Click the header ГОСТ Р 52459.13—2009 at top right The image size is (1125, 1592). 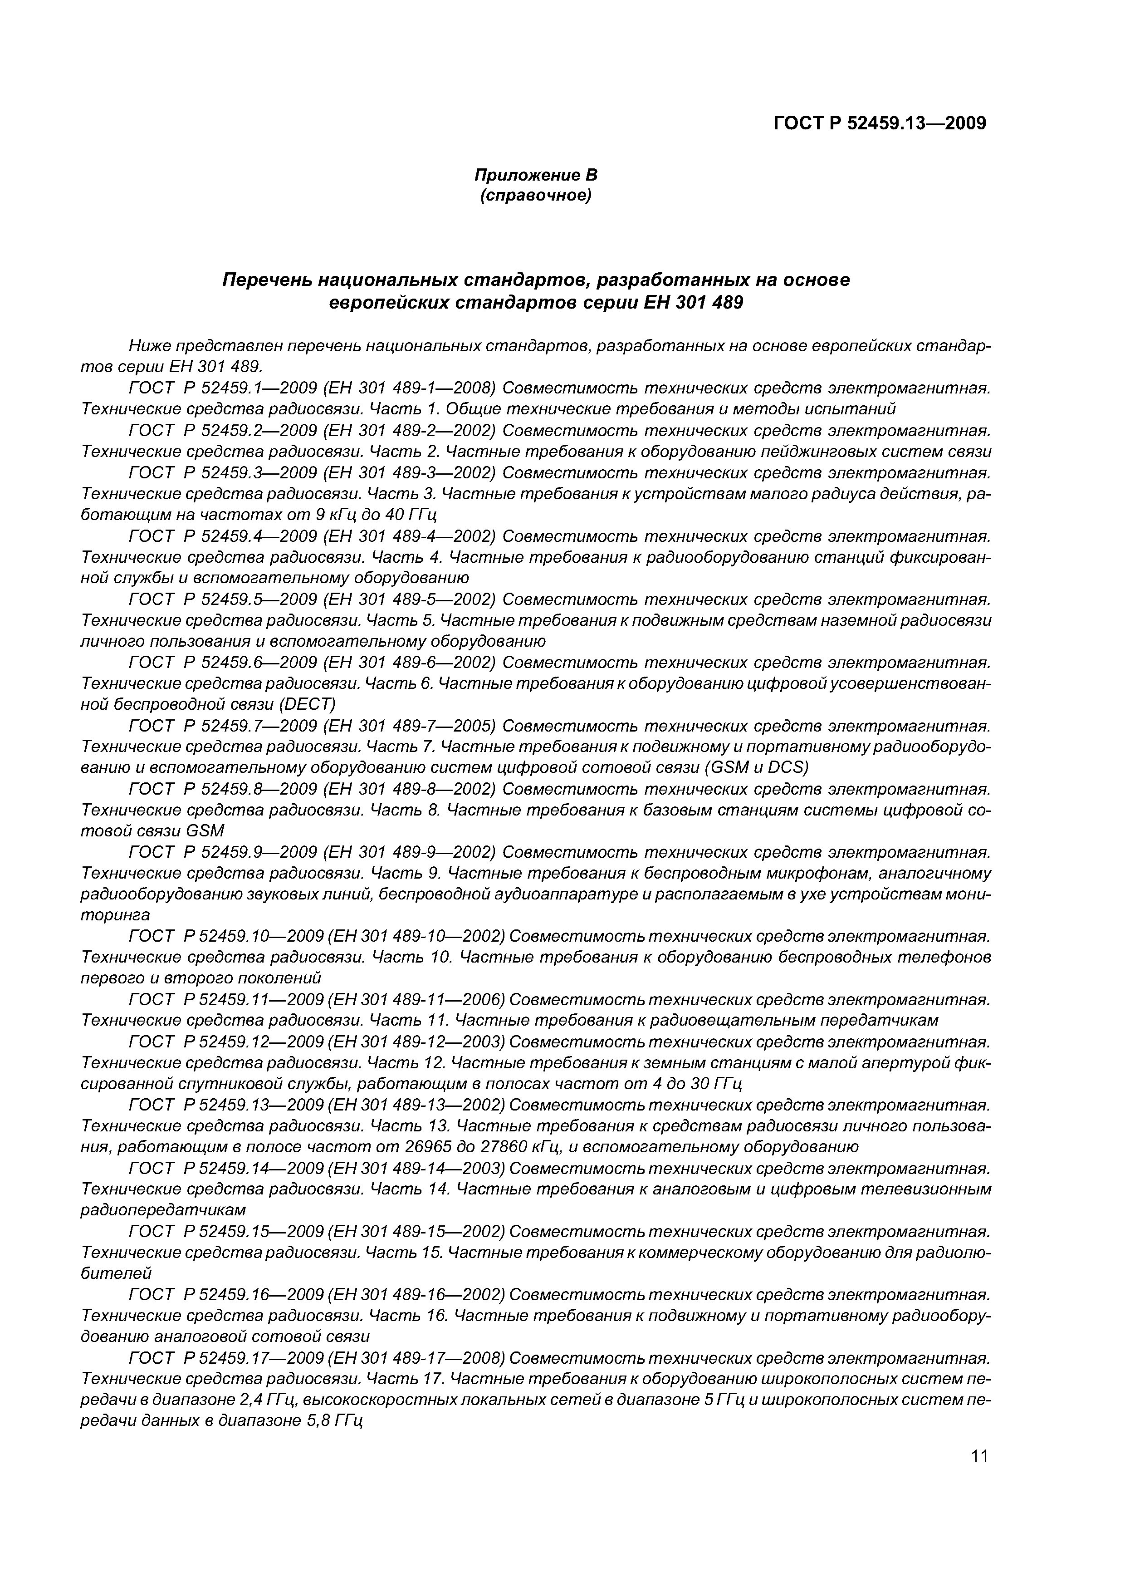pos(879,123)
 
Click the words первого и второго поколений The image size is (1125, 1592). pos(201,978)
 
